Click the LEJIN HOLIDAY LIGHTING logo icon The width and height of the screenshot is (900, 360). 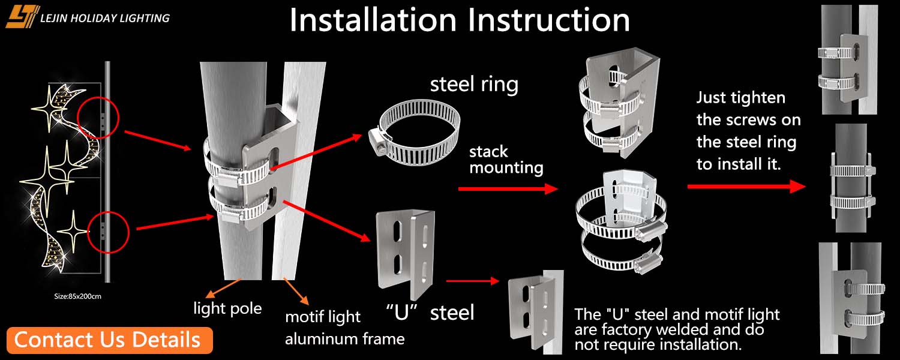click(x=22, y=17)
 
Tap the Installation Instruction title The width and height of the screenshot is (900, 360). click(x=460, y=20)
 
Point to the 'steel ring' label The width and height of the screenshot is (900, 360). click(x=474, y=85)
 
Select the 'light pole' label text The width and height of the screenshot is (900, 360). click(x=227, y=308)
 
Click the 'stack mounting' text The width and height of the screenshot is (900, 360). click(x=506, y=159)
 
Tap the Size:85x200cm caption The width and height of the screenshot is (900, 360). click(x=76, y=296)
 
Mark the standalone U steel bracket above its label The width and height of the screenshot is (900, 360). click(x=404, y=254)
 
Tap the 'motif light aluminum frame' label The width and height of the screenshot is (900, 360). click(x=344, y=328)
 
